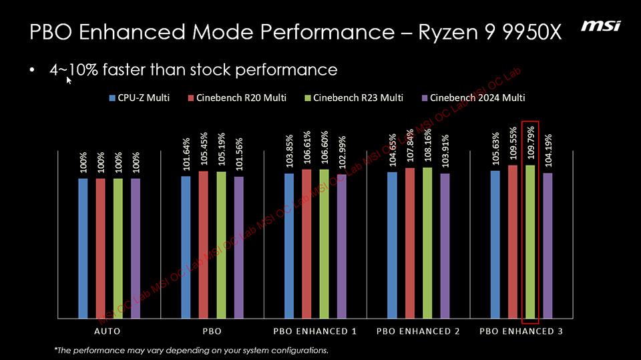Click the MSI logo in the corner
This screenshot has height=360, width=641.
[x=600, y=26]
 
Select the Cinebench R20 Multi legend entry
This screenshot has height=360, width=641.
[x=237, y=98]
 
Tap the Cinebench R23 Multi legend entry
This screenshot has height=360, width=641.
[x=353, y=98]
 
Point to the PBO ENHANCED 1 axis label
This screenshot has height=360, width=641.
[x=315, y=331]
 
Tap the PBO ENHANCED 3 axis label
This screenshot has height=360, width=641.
[x=521, y=331]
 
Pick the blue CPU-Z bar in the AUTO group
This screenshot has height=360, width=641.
[x=83, y=247]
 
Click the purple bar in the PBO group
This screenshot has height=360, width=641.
[x=238, y=246]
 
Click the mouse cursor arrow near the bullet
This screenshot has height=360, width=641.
[x=69, y=80]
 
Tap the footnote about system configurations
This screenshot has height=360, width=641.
[x=191, y=350]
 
